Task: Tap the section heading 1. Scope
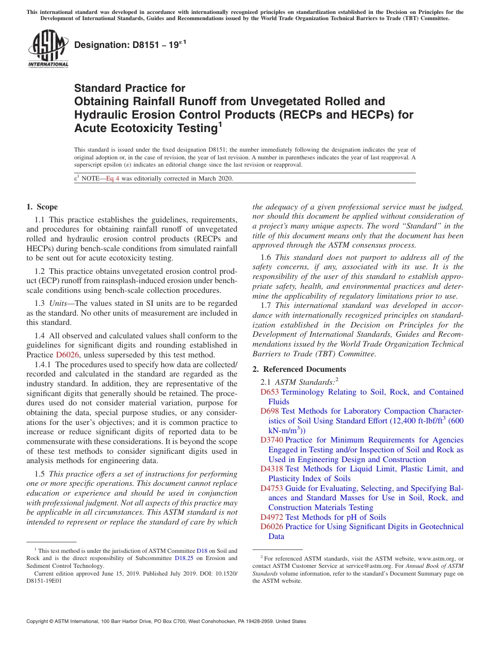[x=42, y=207]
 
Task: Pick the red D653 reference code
[x=269, y=392]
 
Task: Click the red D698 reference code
[x=269, y=411]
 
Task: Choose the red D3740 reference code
[x=271, y=440]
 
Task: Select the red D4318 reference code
[x=271, y=469]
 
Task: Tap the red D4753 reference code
[x=271, y=488]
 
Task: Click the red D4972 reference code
[x=271, y=517]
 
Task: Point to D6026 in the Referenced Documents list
[x=271, y=527]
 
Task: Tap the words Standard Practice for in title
[x=129, y=88]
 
